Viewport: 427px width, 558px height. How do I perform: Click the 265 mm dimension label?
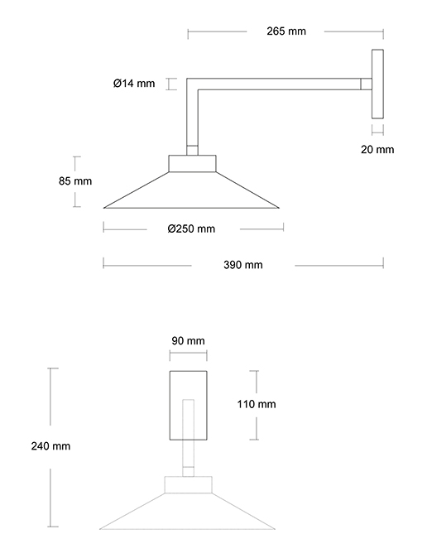coord(286,31)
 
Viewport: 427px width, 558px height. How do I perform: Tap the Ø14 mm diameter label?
coord(134,84)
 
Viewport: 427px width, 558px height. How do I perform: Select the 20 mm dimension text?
coord(377,150)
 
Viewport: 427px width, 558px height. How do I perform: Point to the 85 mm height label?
coord(75,181)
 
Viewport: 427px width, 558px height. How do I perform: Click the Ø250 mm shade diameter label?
coord(191,228)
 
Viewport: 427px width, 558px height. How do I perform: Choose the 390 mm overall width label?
coord(243,265)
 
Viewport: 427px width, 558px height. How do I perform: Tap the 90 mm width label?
coord(188,341)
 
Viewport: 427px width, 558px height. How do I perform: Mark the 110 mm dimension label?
coord(257,404)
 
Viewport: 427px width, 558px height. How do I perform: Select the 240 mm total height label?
coord(50,446)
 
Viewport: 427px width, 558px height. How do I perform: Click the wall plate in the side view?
coord(377,84)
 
